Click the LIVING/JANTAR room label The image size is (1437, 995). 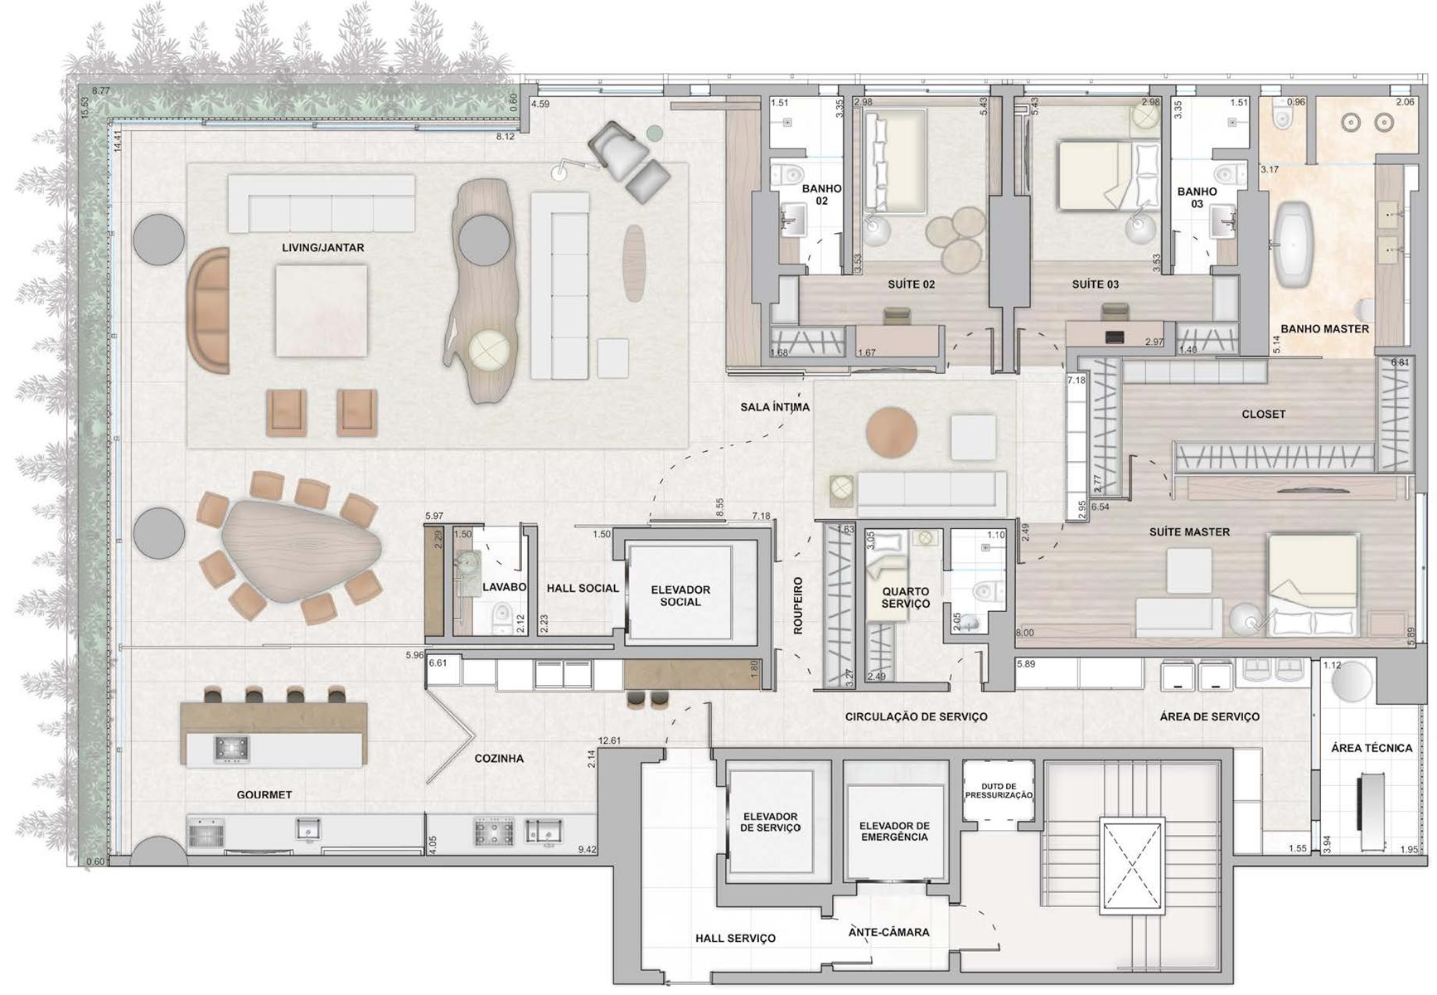coord(323,248)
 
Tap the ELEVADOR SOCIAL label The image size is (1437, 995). coord(680,596)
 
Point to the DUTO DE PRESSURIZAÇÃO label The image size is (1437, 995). coord(999,791)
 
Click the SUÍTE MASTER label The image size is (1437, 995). coord(1189,532)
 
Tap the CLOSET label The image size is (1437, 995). coord(1264,414)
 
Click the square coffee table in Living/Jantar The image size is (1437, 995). coord(322,311)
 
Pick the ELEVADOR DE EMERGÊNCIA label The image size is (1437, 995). coord(894,832)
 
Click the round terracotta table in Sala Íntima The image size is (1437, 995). coord(892,432)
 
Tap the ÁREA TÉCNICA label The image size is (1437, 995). coord(1372,748)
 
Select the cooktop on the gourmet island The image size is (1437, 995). coord(232,749)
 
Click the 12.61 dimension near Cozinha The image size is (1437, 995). coord(609,740)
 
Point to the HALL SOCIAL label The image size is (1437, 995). coord(583,588)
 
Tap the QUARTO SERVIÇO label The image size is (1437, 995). coord(906,598)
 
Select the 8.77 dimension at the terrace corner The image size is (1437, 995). coord(101,90)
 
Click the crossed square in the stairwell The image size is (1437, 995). coord(1133,866)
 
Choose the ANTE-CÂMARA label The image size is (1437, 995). coord(888,932)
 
